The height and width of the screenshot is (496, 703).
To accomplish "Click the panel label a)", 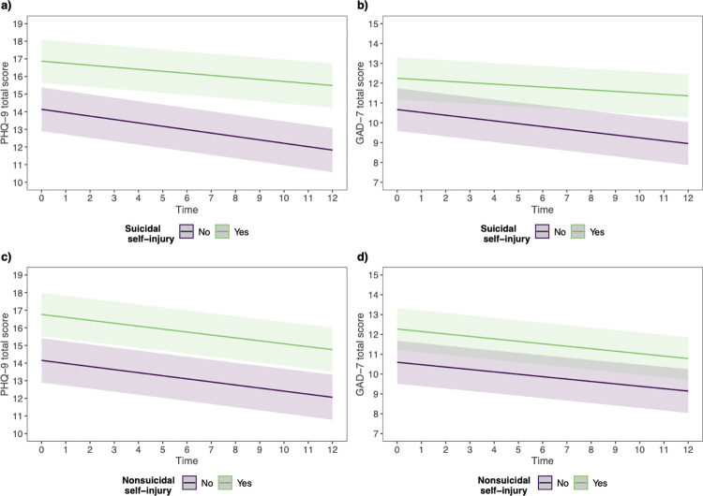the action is (x=6, y=7).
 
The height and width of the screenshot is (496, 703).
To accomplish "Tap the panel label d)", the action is (x=362, y=257).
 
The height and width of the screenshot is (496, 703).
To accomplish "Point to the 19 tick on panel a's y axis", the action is (x=19, y=23).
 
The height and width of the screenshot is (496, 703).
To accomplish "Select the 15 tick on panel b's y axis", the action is (x=374, y=23).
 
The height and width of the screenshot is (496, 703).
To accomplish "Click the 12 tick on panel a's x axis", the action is (x=332, y=197).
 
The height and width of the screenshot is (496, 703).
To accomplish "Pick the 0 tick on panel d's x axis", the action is (x=396, y=449).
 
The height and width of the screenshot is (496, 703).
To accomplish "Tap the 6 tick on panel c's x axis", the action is (x=187, y=449).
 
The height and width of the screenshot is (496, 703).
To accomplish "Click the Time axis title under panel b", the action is (x=543, y=210).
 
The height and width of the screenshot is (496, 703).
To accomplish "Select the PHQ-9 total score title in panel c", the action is (x=6, y=355).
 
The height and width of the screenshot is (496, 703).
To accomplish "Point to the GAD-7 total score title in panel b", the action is (x=361, y=103).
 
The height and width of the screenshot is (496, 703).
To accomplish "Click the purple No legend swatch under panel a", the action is (x=187, y=232).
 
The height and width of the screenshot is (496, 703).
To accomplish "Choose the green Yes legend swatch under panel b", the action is (x=578, y=232).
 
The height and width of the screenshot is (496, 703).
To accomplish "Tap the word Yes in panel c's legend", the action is (x=245, y=483).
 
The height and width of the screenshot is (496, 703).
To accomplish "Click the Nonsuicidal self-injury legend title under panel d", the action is (x=504, y=486).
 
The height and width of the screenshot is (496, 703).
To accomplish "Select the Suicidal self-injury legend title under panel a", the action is (x=150, y=234).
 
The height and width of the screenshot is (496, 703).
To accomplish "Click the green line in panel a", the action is (x=187, y=73).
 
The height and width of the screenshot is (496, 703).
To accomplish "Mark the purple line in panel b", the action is (x=543, y=126).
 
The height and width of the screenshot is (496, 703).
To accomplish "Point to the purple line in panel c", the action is (x=187, y=379).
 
